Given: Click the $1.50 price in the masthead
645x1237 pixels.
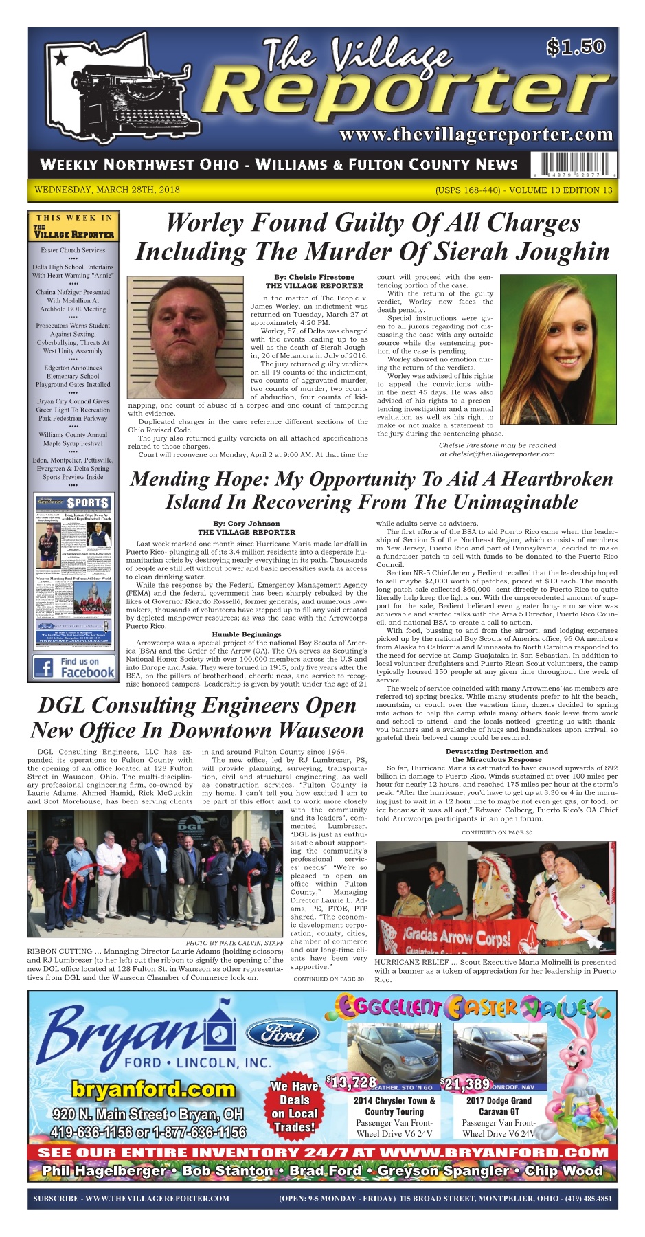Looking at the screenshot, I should click(576, 47).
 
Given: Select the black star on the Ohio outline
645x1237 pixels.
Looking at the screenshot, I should click(61, 58).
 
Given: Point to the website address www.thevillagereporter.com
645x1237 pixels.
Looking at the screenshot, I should click(475, 134).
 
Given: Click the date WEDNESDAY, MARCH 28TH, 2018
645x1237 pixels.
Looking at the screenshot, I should click(106, 190).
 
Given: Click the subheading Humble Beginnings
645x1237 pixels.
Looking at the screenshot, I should click(246, 634).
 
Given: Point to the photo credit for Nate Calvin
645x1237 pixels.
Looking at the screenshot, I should click(234, 943).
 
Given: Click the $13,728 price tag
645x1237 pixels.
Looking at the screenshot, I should click(351, 1083).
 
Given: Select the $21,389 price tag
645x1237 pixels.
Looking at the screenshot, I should click(465, 1084).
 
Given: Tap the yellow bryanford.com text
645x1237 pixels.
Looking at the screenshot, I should click(152, 1089).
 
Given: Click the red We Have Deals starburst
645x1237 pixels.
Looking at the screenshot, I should click(293, 1106).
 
